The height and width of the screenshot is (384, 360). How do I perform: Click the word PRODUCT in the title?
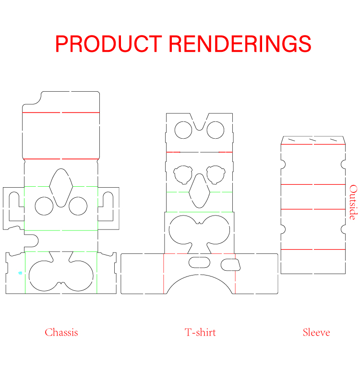108,44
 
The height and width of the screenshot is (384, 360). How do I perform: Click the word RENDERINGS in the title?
240,44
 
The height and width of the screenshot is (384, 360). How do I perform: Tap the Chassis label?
61,332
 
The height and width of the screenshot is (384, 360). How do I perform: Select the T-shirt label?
200,332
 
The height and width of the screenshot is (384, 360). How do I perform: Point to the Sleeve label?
316,332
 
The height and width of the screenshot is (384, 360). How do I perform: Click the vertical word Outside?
353,202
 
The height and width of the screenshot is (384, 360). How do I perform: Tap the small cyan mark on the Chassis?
20,273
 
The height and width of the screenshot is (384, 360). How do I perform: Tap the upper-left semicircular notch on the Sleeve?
283,164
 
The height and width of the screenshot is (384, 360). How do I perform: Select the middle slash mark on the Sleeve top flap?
313,140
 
